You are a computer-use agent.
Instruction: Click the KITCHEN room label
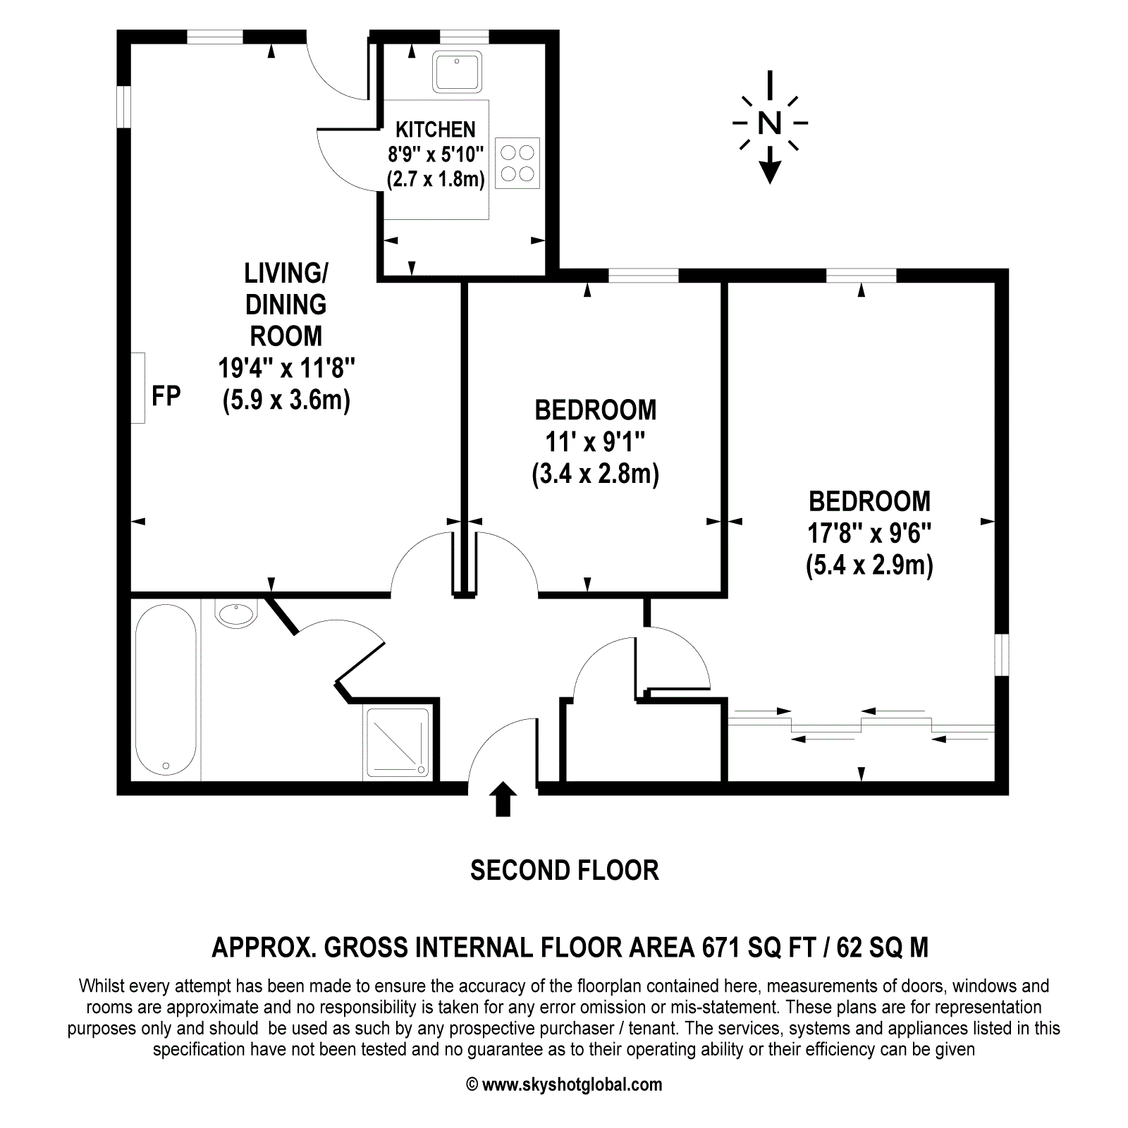[x=436, y=130]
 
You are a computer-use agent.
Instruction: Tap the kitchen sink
[x=458, y=72]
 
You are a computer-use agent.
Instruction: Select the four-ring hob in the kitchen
[x=517, y=163]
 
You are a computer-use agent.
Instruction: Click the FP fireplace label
[x=166, y=396]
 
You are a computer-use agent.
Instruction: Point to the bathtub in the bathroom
[x=166, y=689]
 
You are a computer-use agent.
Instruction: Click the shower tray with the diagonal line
[x=398, y=742]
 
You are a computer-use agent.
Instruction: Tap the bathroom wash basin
[x=235, y=614]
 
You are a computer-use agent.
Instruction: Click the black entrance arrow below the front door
[x=503, y=799]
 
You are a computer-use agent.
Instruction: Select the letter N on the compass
[x=770, y=123]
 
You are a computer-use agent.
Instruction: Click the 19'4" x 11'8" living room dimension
[x=286, y=368]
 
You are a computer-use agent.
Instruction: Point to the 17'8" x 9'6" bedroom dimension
[x=869, y=534]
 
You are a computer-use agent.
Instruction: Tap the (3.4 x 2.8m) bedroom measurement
[x=596, y=474]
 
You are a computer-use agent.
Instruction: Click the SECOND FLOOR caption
[x=565, y=871]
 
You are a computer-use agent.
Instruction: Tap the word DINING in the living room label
[x=286, y=305]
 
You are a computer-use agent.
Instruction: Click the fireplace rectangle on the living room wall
[x=137, y=388]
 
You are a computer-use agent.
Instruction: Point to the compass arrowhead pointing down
[x=770, y=171]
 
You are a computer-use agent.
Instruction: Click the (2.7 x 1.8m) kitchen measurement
[x=436, y=179]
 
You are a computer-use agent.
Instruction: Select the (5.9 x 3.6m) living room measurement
[x=286, y=400]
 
